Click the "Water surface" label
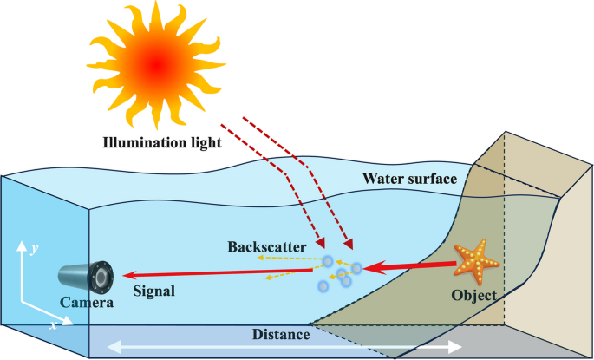click(408, 180)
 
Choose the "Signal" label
click(154, 291)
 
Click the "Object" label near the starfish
click(475, 296)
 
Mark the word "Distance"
click(281, 334)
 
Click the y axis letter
click(33, 248)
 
